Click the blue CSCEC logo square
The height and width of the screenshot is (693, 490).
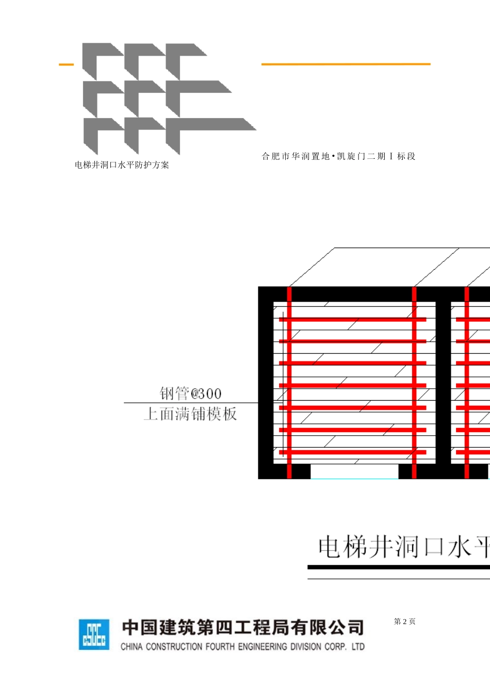(94, 634)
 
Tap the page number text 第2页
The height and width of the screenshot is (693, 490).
(404, 621)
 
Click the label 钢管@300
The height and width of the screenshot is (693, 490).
(190, 393)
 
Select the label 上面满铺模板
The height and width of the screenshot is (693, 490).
(190, 414)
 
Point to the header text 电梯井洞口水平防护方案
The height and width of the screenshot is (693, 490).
(122, 165)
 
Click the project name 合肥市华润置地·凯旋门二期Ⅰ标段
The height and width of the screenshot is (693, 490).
(338, 156)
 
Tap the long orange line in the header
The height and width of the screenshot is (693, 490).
(346, 64)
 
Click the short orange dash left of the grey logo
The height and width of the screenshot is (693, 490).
(66, 64)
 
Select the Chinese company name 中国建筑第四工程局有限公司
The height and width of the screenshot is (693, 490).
(243, 628)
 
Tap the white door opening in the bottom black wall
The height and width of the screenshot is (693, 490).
(354, 471)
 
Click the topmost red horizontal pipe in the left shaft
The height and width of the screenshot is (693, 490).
(353, 320)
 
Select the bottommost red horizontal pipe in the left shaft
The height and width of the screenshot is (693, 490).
(353, 452)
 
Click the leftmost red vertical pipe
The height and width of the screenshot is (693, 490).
(289, 382)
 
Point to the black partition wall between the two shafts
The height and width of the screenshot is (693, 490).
(443, 382)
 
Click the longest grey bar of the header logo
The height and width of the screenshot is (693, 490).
(217, 124)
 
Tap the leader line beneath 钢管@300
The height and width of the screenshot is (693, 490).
(190, 403)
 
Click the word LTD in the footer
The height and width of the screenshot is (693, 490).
(358, 647)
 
